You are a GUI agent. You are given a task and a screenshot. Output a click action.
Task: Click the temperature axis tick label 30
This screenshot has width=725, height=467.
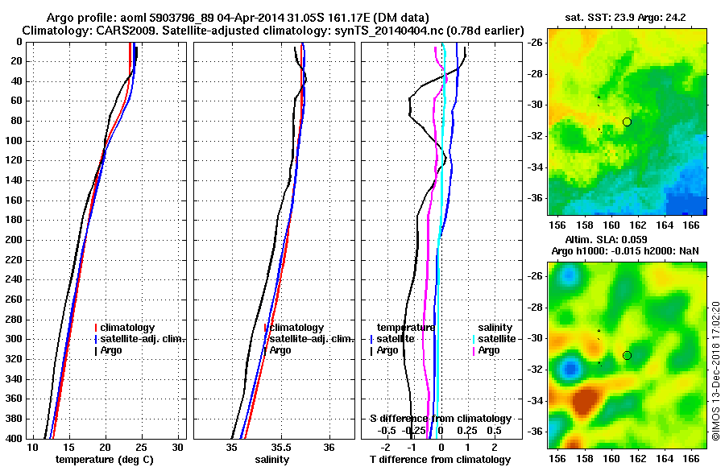(x=178, y=447)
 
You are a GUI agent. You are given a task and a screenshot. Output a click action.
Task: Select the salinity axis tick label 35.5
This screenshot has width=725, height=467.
(x=281, y=447)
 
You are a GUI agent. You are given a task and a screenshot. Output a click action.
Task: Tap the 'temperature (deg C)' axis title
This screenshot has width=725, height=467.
(x=104, y=459)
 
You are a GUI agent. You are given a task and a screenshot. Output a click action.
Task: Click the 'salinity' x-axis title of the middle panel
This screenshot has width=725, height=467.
(x=272, y=459)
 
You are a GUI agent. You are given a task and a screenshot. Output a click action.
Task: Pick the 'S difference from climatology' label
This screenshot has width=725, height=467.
(x=441, y=419)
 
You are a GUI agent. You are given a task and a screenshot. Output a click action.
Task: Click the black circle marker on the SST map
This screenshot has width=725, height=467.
(x=627, y=122)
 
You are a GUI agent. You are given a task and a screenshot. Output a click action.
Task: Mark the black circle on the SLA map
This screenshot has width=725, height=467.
(x=627, y=355)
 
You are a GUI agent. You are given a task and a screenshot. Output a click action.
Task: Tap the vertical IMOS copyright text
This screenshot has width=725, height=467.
(x=715, y=370)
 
